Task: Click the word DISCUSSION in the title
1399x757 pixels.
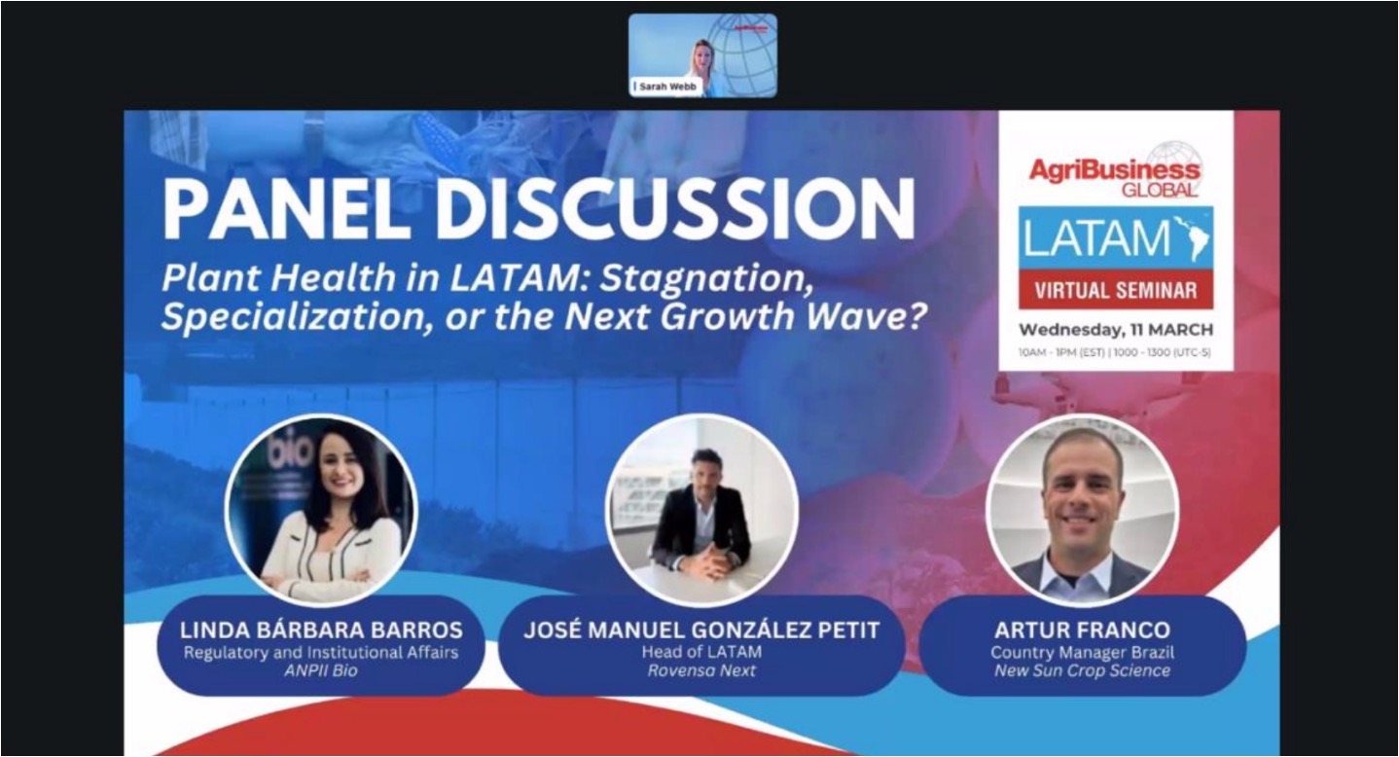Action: tap(676, 209)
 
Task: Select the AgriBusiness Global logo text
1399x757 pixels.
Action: tap(1115, 177)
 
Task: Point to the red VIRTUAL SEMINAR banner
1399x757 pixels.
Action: tap(1116, 290)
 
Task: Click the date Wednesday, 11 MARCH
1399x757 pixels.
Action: tap(1116, 329)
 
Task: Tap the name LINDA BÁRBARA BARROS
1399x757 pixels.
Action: tap(321, 630)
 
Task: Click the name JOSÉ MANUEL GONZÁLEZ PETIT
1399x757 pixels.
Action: tap(701, 630)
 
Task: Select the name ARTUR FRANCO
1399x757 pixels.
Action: tap(1083, 630)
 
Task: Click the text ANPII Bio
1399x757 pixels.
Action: tap(321, 670)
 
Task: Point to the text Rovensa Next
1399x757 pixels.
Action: tap(701, 670)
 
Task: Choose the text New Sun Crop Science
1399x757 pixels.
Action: tap(1083, 670)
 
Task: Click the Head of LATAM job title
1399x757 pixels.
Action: tap(701, 652)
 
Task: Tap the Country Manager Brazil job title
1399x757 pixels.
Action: tap(1083, 653)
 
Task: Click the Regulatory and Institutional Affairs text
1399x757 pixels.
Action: tap(321, 653)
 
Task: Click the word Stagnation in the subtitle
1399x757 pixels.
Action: tap(706, 278)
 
